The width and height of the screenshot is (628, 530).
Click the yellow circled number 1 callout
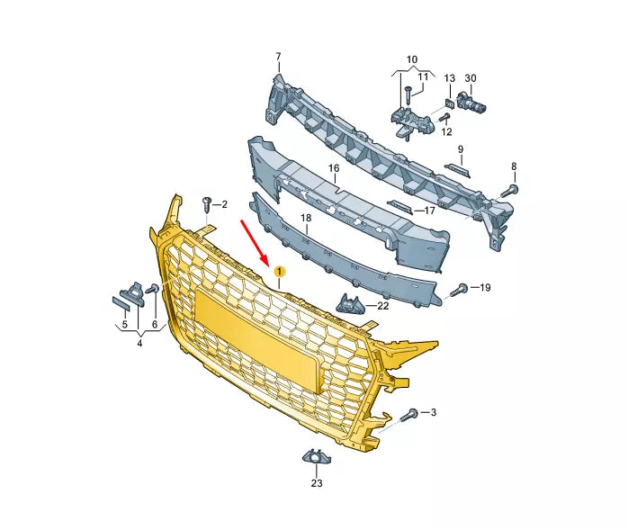pos(279,272)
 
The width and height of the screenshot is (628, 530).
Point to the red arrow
pos(254,241)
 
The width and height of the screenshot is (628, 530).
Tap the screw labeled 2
pos(207,205)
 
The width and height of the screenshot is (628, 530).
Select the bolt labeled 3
pos(409,414)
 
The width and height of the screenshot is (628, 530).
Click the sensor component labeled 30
pos(471,102)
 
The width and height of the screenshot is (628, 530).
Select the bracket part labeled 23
pos(316,457)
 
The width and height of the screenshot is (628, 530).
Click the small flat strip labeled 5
pos(121,304)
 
